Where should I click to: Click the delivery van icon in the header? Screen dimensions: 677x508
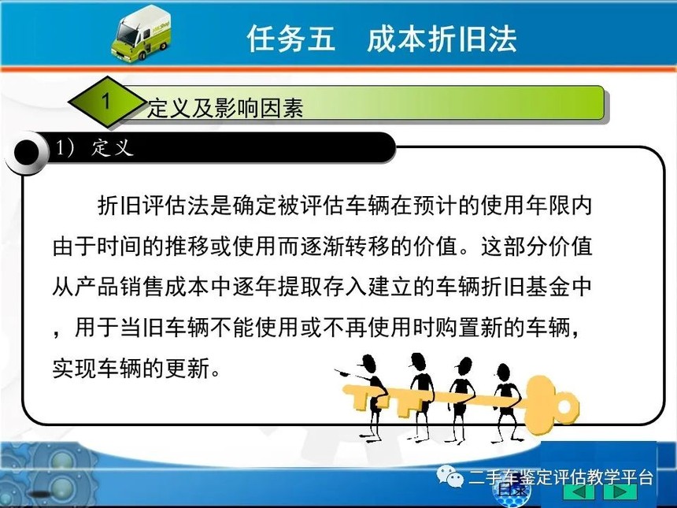141,34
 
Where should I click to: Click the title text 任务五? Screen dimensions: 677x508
291,39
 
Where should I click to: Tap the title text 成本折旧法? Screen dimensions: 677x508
442,39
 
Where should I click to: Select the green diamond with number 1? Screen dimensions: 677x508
107,102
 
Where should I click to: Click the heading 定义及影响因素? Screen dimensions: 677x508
225,108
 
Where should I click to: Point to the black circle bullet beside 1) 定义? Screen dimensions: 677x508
27,153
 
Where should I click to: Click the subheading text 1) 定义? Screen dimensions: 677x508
94,148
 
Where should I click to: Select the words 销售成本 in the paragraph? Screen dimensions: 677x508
165,287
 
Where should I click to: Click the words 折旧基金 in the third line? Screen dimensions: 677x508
525,287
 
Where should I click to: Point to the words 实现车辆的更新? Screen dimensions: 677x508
131,369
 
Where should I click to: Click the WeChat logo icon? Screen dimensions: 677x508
449,476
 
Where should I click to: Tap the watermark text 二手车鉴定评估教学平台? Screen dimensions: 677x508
560,478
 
